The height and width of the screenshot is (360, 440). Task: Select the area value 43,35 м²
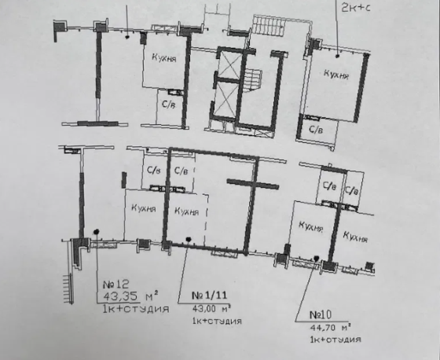132,297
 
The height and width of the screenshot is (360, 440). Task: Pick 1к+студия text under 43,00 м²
214,321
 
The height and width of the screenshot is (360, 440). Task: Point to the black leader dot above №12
97,231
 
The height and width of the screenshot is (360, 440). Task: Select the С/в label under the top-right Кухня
315,127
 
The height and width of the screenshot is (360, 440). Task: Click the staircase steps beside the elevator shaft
252,80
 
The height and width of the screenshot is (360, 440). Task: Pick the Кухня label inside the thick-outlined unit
185,210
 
